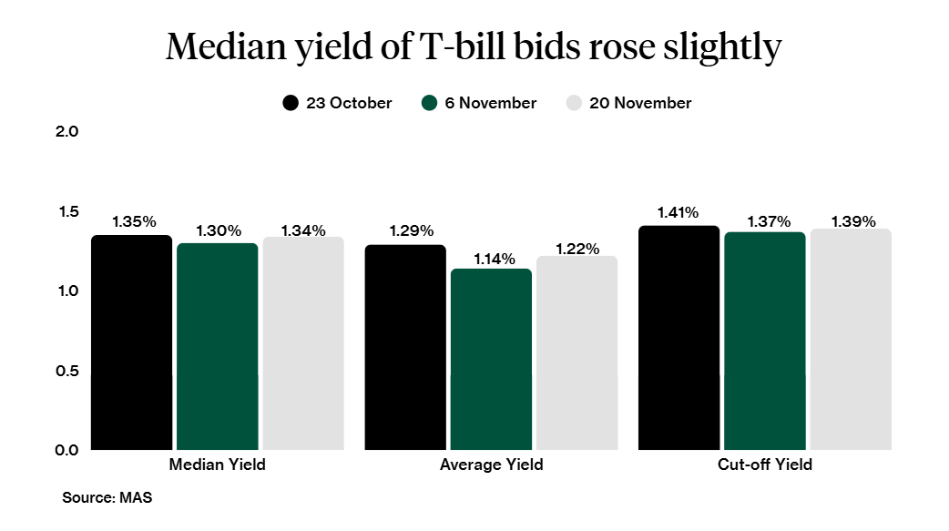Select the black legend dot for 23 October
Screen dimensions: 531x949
click(x=291, y=103)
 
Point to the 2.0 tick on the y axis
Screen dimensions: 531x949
click(x=68, y=131)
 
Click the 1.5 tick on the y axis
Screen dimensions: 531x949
click(x=68, y=211)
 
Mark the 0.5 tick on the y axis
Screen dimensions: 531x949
click(x=68, y=371)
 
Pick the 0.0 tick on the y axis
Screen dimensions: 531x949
click(x=68, y=450)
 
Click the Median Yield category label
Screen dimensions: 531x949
click(x=218, y=465)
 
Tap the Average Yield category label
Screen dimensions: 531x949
click(x=491, y=465)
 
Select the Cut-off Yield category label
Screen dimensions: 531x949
click(x=764, y=465)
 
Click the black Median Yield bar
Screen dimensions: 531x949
click(x=132, y=342)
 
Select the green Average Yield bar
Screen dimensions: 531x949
click(x=491, y=359)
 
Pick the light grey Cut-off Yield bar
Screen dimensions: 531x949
click(x=851, y=339)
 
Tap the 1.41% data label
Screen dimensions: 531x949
click(x=679, y=213)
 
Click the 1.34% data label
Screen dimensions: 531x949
click(x=303, y=230)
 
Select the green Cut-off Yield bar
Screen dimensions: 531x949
click(x=764, y=341)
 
